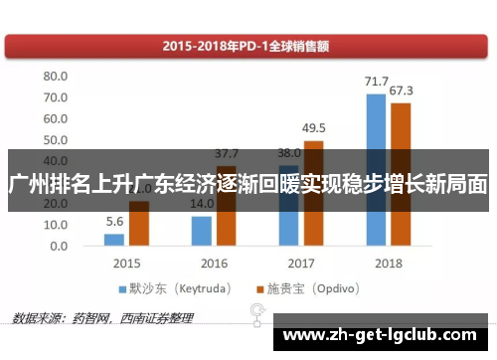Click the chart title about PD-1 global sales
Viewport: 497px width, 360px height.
[248, 45]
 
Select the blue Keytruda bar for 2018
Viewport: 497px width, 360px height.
[376, 169]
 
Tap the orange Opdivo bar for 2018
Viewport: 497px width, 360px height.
[401, 174]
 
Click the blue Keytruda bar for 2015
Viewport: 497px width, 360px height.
[115, 240]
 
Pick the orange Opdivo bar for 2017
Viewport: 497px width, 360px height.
[313, 193]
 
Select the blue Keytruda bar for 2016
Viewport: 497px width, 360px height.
[202, 231]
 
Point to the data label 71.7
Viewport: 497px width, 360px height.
[376, 82]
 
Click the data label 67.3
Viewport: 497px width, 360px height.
[402, 91]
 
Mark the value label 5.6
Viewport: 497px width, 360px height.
[114, 222]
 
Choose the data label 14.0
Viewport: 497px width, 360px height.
[202, 204]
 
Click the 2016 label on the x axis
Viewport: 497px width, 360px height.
[214, 264]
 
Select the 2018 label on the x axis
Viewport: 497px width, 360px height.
[388, 264]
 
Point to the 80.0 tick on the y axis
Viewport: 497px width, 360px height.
[55, 77]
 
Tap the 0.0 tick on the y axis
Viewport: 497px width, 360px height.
[59, 246]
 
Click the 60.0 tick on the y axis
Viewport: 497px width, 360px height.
[55, 118]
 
